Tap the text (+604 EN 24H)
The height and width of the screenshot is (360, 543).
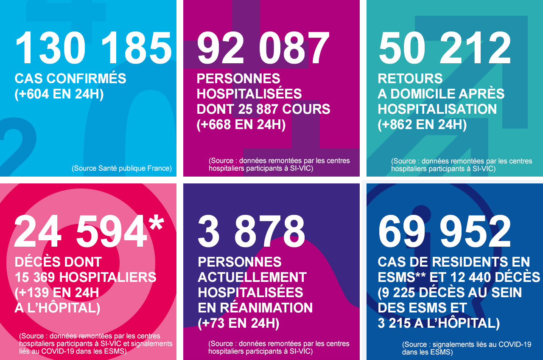tap(59, 94)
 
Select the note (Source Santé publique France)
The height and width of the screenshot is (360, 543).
tap(122, 168)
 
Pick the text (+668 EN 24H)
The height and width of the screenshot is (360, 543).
tap(241, 125)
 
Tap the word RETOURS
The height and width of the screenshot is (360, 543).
tap(410, 79)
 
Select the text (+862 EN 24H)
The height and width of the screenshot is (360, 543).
tap(422, 125)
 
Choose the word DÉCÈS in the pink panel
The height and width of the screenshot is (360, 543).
tap(38, 262)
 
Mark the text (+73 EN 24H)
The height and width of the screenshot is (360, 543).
tap(238, 323)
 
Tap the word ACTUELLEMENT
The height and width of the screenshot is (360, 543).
tap(252, 277)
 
